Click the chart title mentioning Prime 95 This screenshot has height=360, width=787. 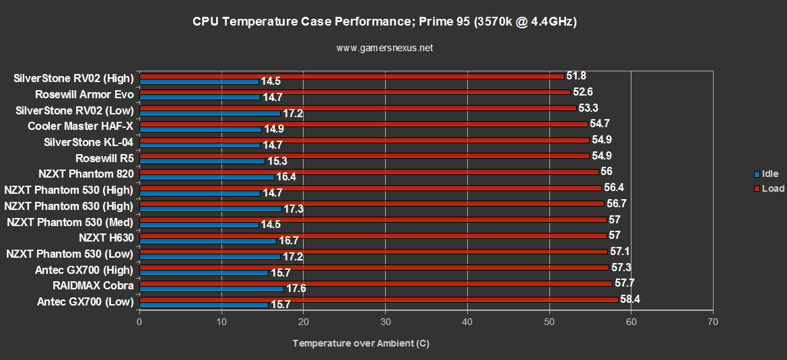384,22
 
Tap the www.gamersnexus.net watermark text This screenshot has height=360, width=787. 384,48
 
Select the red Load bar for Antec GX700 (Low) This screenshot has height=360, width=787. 378,299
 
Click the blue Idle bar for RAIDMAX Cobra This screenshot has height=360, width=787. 211,289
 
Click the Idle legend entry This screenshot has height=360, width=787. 769,174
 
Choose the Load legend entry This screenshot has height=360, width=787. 772,188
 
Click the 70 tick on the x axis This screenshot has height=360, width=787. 713,322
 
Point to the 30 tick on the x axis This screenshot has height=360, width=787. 385,322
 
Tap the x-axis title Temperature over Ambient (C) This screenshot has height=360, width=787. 361,343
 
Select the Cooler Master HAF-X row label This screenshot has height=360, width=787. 81,126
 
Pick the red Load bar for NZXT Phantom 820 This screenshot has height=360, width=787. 369,172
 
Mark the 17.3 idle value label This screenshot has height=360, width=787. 294,209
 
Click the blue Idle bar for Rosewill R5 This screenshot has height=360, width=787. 202,161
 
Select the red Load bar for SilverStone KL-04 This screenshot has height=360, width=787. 364,140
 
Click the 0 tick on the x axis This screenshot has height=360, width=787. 139,322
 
